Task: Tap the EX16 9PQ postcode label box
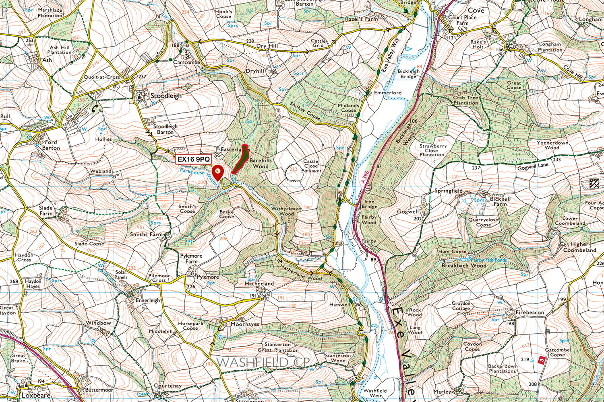(194, 159)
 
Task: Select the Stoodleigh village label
(165, 96)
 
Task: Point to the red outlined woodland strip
(240, 158)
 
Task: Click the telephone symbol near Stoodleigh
(95, 108)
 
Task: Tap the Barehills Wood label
(261, 163)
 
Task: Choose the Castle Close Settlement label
(311, 165)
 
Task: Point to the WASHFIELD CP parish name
(264, 362)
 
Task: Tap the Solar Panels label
(121, 275)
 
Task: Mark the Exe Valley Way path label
(389, 53)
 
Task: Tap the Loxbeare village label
(36, 395)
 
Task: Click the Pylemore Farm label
(191, 258)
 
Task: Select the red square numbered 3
(541, 360)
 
